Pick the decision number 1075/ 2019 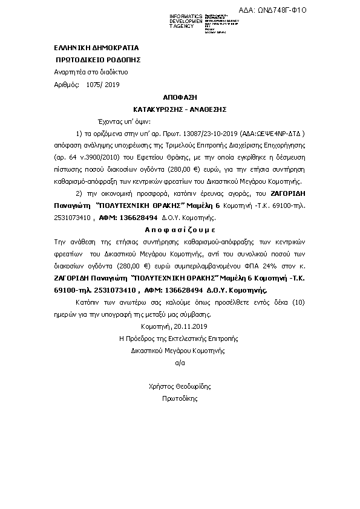point(103,85)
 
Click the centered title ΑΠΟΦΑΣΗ point(180,97)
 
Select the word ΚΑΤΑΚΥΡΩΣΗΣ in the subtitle point(159,109)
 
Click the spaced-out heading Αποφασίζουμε point(180,230)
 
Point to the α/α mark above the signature point(180,363)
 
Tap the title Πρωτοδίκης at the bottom point(180,398)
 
